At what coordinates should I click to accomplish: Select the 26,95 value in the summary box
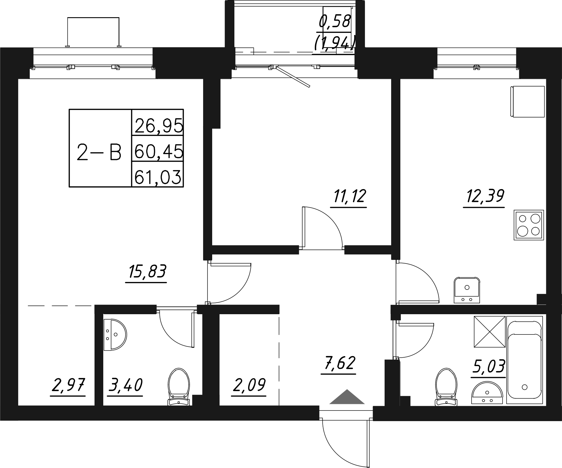tap(158, 126)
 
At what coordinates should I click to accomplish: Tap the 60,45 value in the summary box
tap(158, 152)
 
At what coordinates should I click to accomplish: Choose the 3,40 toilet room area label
tap(125, 385)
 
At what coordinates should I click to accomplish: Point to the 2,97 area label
tap(68, 385)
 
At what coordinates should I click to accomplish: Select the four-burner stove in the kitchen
tap(529, 225)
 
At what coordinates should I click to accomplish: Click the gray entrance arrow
tap(347, 397)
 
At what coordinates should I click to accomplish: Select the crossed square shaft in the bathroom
tap(490, 332)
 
